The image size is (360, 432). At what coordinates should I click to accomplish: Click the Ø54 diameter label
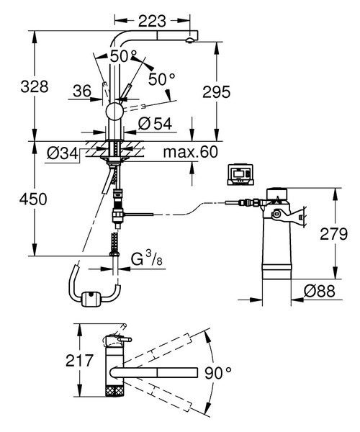click(x=153, y=123)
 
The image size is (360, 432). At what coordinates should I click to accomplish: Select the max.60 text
click(x=190, y=153)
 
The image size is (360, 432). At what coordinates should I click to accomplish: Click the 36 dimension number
click(x=81, y=91)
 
